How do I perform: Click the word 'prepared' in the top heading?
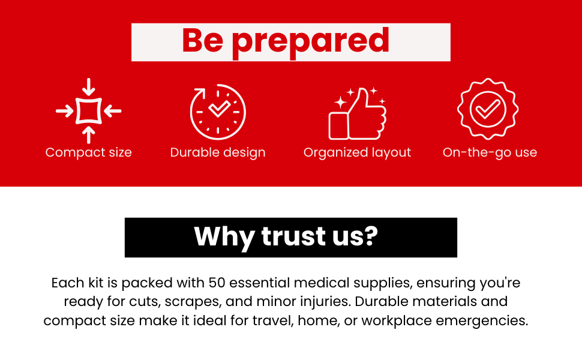(x=311, y=41)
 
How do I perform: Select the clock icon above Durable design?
(x=218, y=112)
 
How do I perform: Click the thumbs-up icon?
(x=358, y=113)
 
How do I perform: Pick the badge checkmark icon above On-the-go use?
(x=487, y=109)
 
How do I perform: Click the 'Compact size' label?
(x=88, y=152)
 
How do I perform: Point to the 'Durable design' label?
(x=218, y=152)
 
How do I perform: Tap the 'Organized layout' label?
(x=357, y=152)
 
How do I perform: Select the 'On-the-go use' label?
(x=490, y=152)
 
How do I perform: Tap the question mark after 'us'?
(x=370, y=236)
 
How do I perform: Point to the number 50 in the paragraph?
(x=216, y=282)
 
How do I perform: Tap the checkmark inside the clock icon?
(x=219, y=108)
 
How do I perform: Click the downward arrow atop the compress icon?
(x=88, y=87)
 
